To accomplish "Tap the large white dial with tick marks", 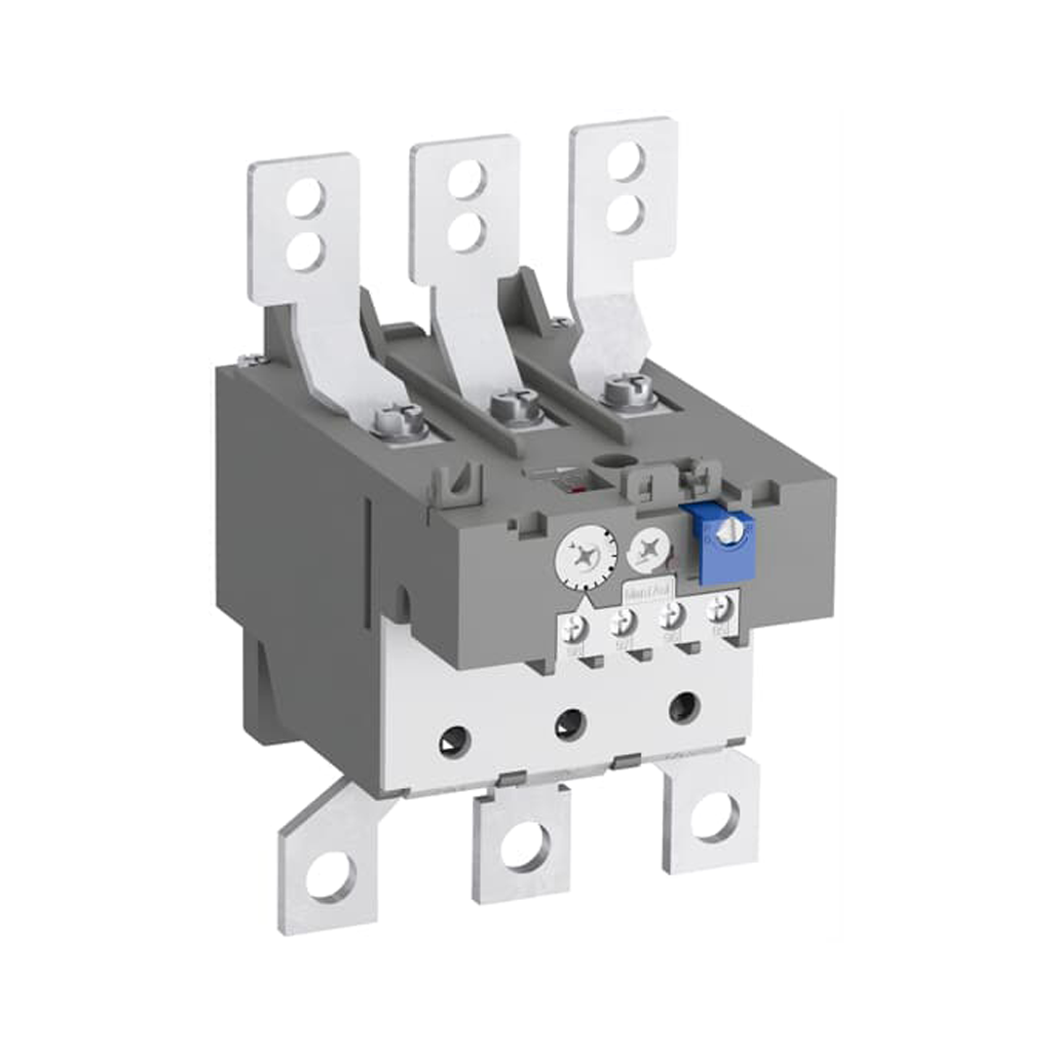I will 582,557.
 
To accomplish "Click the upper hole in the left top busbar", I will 308,193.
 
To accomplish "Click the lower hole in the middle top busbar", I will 466,232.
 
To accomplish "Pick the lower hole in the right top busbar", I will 624,215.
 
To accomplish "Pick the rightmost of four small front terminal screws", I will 721,608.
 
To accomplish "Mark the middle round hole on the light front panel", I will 569,724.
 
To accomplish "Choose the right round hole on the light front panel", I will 683,705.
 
